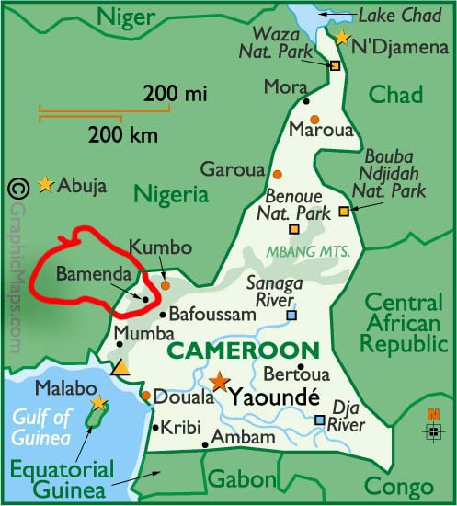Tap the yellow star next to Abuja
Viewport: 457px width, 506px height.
(x=45, y=185)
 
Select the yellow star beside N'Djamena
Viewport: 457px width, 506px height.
(x=342, y=38)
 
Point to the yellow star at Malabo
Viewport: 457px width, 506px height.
(x=98, y=402)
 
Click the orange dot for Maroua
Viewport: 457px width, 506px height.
(x=314, y=120)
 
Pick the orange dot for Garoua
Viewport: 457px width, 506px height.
(x=276, y=174)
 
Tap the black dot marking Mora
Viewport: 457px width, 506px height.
(x=305, y=100)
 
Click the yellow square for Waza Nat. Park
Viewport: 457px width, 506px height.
(x=335, y=65)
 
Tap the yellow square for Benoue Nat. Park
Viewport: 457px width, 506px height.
(x=293, y=229)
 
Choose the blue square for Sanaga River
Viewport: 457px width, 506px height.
(x=291, y=316)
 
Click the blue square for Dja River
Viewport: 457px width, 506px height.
(x=319, y=420)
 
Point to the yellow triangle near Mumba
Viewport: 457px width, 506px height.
(x=120, y=368)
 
